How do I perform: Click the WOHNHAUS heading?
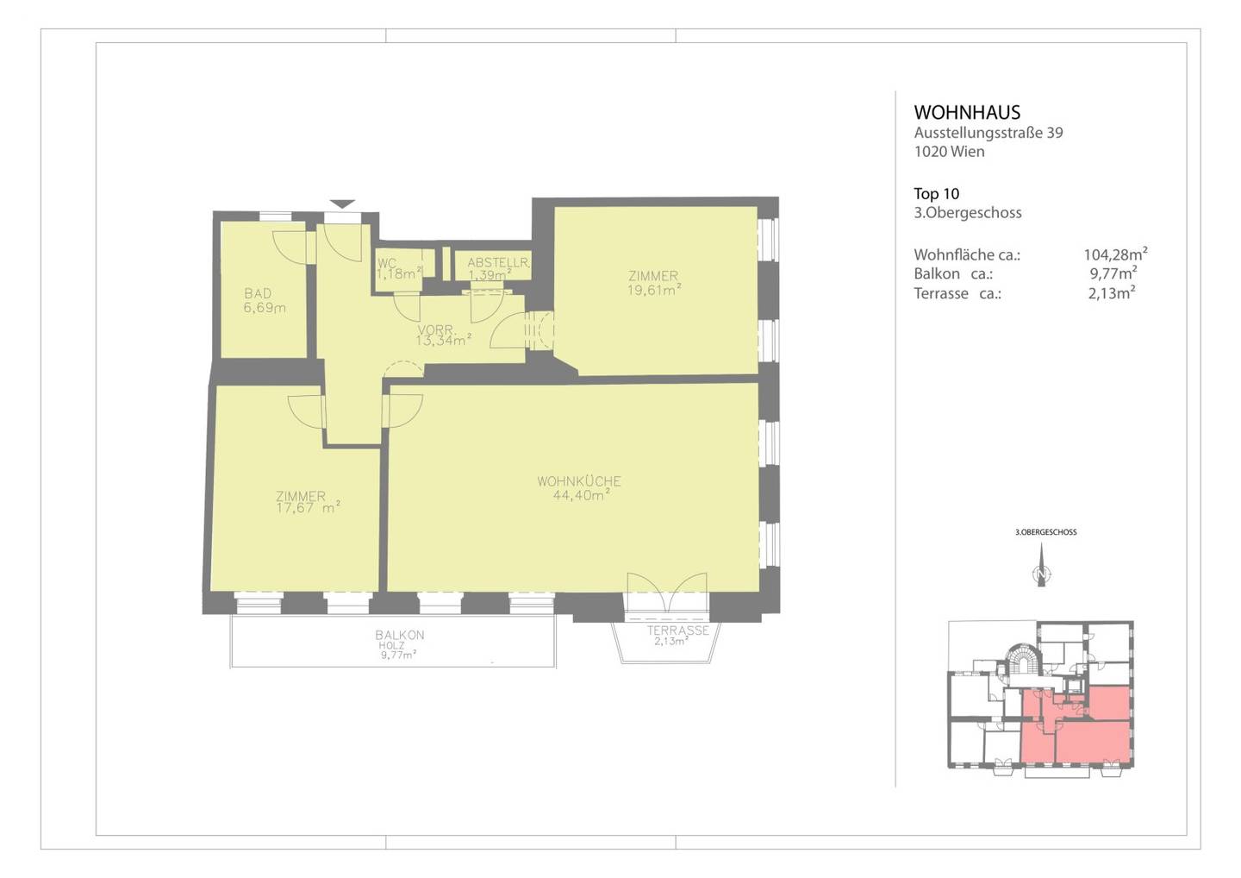(x=967, y=112)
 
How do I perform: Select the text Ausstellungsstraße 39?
(x=988, y=133)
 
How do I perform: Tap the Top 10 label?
(x=936, y=193)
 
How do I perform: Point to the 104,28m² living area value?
(x=1116, y=254)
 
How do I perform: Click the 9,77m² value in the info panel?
(x=1113, y=273)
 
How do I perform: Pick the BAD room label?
(x=259, y=293)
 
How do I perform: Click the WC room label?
(x=386, y=263)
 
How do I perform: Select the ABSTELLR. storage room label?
(x=498, y=262)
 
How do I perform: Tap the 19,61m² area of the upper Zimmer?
(x=654, y=289)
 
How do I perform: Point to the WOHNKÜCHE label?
(x=579, y=481)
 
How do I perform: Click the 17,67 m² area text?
(x=308, y=507)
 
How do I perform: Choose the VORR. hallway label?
(x=436, y=329)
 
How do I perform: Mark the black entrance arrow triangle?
(x=342, y=204)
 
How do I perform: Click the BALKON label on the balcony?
(x=400, y=635)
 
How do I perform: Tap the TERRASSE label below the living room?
(x=678, y=630)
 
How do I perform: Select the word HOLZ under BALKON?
(x=391, y=646)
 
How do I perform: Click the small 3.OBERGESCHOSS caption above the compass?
(x=1045, y=532)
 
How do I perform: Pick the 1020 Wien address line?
(x=949, y=152)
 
